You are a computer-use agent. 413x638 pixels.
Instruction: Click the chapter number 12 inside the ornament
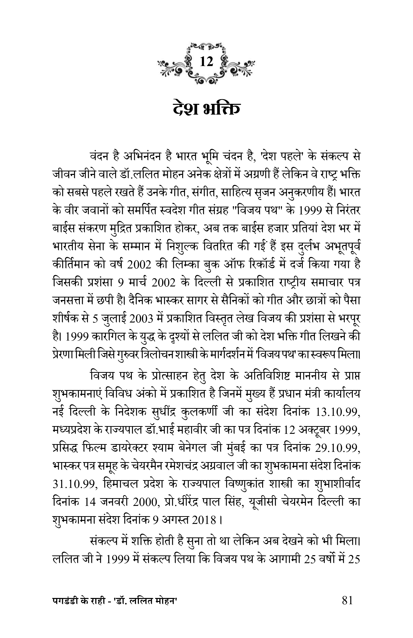[206, 62]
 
